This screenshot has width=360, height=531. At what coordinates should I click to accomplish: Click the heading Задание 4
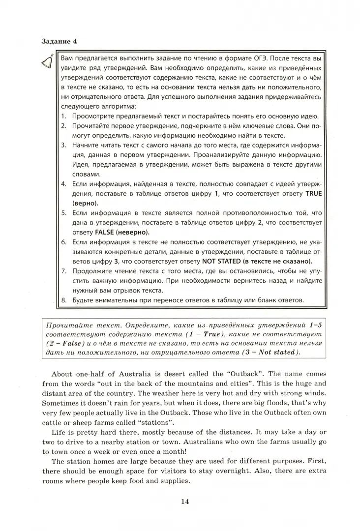point(59,41)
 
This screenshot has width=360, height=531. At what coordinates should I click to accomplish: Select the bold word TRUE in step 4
point(313,194)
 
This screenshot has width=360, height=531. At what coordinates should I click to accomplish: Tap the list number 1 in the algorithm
point(63,117)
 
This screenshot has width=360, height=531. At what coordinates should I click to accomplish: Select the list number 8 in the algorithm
point(63,299)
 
